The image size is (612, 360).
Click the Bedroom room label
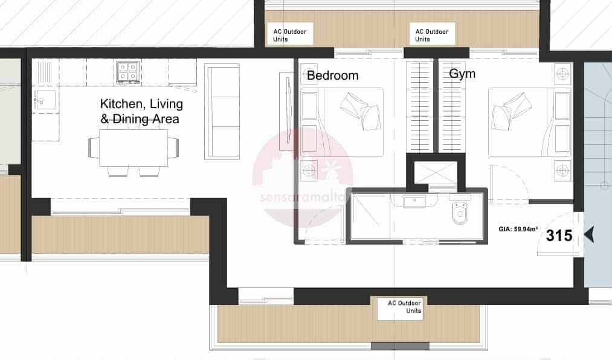point(332,76)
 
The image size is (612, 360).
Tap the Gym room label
point(462,74)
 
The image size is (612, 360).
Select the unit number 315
point(559,236)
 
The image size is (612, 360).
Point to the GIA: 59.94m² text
point(518,229)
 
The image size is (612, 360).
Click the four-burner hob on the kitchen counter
point(128,72)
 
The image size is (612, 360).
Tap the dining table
point(134,148)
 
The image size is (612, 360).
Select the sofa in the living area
point(222,112)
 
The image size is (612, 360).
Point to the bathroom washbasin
point(414,202)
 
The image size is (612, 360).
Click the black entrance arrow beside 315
point(589,235)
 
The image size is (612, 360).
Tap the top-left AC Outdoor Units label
point(289,35)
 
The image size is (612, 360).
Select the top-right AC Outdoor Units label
point(432,35)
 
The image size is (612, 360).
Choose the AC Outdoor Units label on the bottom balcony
point(404,307)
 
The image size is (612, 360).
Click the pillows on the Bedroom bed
point(361,111)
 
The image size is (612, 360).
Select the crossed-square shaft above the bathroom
point(435,172)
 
